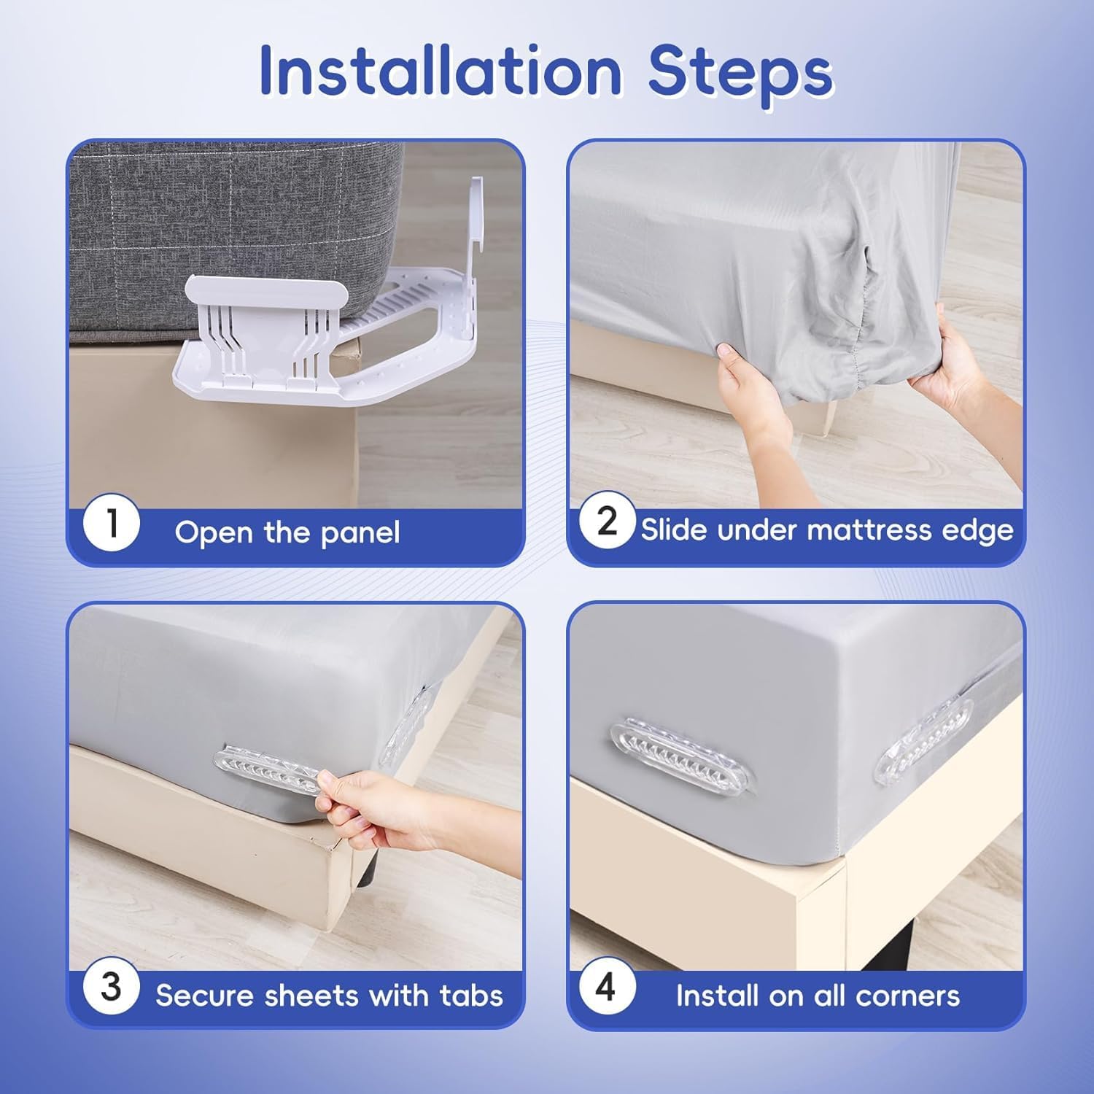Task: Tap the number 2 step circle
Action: point(608,522)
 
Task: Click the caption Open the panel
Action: point(287,532)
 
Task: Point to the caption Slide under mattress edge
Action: point(827,530)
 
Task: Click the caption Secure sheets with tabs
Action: point(329,996)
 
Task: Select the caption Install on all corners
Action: point(818,996)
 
